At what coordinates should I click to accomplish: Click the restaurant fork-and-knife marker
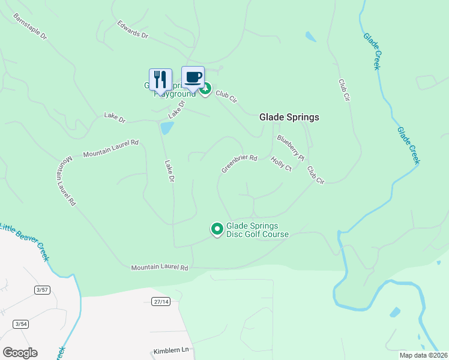[x=160, y=79]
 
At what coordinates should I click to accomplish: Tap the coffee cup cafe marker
[x=193, y=77]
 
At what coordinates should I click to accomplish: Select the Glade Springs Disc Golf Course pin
[x=217, y=229]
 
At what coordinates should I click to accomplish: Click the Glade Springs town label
[x=289, y=118]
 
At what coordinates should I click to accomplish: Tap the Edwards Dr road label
[x=132, y=30]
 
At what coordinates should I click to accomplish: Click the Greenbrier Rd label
[x=239, y=164]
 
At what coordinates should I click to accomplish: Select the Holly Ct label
[x=281, y=164]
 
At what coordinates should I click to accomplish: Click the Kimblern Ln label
[x=171, y=350]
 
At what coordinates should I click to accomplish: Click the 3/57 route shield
[x=41, y=290]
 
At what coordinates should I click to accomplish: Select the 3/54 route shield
[x=21, y=324]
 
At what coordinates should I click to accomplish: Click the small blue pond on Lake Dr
[x=167, y=128]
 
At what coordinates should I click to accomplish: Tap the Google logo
[x=20, y=353]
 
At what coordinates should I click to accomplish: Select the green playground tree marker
[x=205, y=90]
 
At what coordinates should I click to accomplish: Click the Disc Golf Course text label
[x=257, y=230]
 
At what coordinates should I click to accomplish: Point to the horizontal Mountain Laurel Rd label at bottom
[x=160, y=267]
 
